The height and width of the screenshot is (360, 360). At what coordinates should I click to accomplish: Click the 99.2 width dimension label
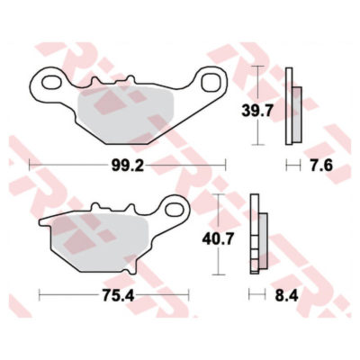pyautogui.click(x=128, y=166)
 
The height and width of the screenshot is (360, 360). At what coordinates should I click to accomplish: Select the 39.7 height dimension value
pyautogui.click(x=257, y=112)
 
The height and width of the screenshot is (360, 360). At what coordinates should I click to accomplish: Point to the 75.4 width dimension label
pyautogui.click(x=118, y=296)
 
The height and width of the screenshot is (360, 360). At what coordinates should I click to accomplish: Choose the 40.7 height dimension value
pyautogui.click(x=218, y=239)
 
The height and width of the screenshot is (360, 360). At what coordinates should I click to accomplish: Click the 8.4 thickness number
pyautogui.click(x=287, y=296)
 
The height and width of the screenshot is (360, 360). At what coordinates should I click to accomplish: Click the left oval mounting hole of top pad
pyautogui.click(x=51, y=82)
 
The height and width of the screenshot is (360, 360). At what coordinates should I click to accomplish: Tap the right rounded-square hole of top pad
pyautogui.click(x=211, y=81)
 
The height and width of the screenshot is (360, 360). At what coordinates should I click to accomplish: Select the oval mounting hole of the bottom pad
pyautogui.click(x=175, y=208)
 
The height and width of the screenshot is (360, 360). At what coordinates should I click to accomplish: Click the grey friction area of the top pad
pyautogui.click(x=124, y=115)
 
